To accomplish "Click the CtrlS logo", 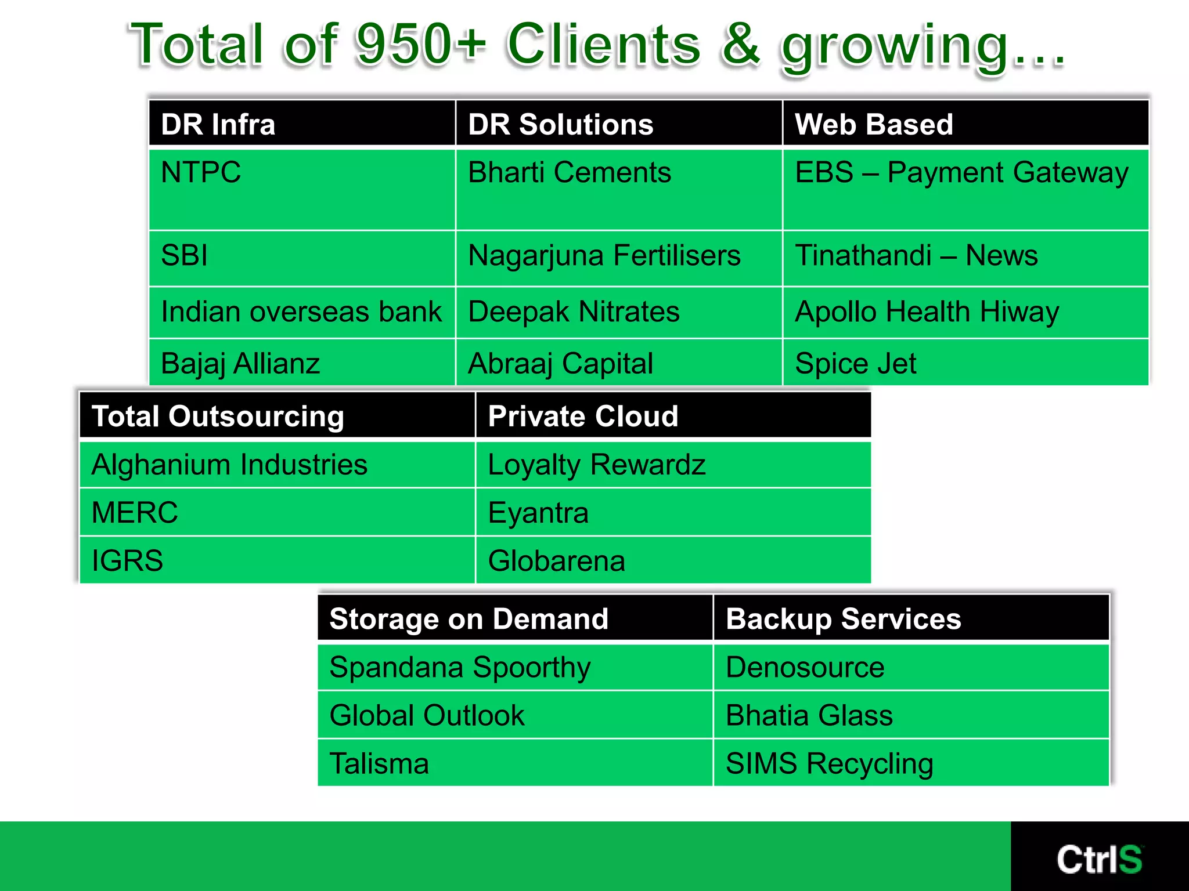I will click(x=1099, y=859).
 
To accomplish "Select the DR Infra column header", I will click(x=218, y=124).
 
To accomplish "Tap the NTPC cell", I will click(x=201, y=172).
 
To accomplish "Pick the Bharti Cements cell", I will click(x=570, y=172).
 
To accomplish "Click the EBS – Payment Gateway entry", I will click(x=961, y=172).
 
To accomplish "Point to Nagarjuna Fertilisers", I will click(x=604, y=255).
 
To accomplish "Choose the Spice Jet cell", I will click(x=856, y=364).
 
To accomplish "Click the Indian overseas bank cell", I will click(x=301, y=312).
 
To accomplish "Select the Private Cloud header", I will click(x=583, y=416).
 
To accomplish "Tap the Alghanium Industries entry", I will click(x=230, y=465).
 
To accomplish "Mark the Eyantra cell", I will click(x=538, y=513).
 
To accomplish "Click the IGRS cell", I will click(x=128, y=561).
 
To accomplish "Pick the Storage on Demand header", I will click(x=469, y=619).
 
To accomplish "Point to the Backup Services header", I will click(x=844, y=619).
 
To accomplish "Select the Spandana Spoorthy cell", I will click(x=460, y=667).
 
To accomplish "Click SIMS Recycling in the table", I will click(x=830, y=763).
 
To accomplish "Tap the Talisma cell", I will click(x=379, y=763).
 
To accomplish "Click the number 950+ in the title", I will click(x=421, y=44).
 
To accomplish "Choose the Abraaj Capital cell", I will click(x=561, y=364).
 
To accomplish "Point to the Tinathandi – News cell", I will click(x=916, y=255).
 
